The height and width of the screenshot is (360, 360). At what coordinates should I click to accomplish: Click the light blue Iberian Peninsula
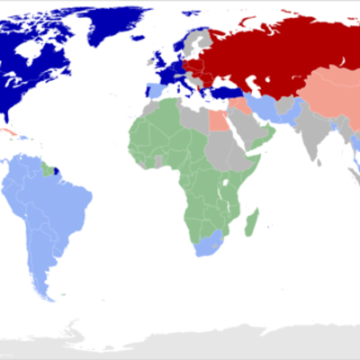pyautogui.click(x=155, y=90)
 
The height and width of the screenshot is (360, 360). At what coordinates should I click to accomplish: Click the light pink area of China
pyautogui.click(x=328, y=99)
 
